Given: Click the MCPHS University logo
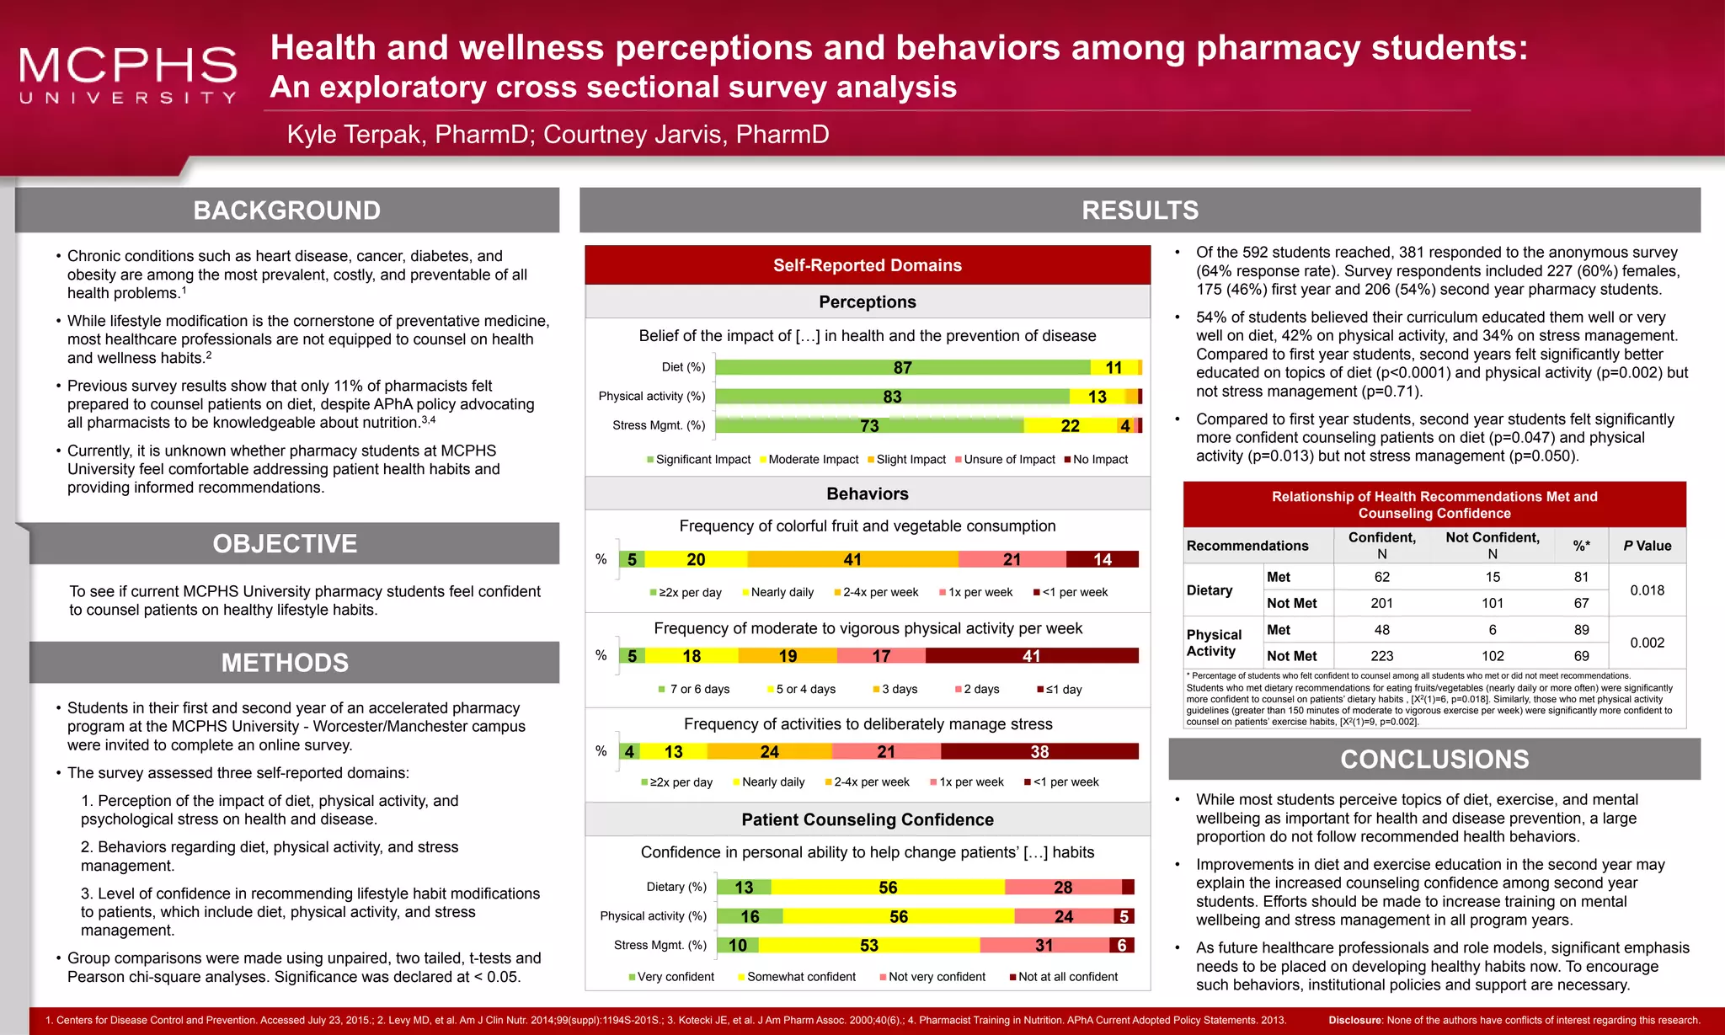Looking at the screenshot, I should pyautogui.click(x=128, y=74).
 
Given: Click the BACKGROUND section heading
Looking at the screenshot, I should pyautogui.click(x=286, y=211).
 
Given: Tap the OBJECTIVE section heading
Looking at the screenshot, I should pyautogui.click(x=285, y=544).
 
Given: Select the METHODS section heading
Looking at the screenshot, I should pyautogui.click(x=285, y=663).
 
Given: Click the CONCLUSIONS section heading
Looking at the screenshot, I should pyautogui.click(x=1434, y=760).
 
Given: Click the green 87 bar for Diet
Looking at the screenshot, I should pyautogui.click(x=902, y=368).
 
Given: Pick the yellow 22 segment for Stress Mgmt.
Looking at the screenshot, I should pyautogui.click(x=1070, y=426).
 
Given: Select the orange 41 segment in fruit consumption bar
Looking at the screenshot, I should pyautogui.click(x=852, y=559).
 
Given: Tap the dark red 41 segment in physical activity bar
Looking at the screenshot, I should pyautogui.click(x=1031, y=656).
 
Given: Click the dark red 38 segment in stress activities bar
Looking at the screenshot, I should pyautogui.click(x=1039, y=752).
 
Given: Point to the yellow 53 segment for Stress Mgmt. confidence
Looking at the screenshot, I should pyautogui.click(x=869, y=946).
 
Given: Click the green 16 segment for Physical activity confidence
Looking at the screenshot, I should pyautogui.click(x=750, y=916).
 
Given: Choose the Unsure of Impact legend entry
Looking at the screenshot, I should pyautogui.click(x=1008, y=460).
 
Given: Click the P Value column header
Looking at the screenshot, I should pyautogui.click(x=1647, y=546).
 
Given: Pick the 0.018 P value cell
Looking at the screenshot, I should pyautogui.click(x=1647, y=590).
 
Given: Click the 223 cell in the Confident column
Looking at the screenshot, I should pyautogui.click(x=1381, y=656).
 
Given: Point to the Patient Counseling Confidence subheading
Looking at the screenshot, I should pyautogui.click(x=868, y=820).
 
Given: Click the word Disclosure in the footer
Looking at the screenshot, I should pyautogui.click(x=1355, y=1021).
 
